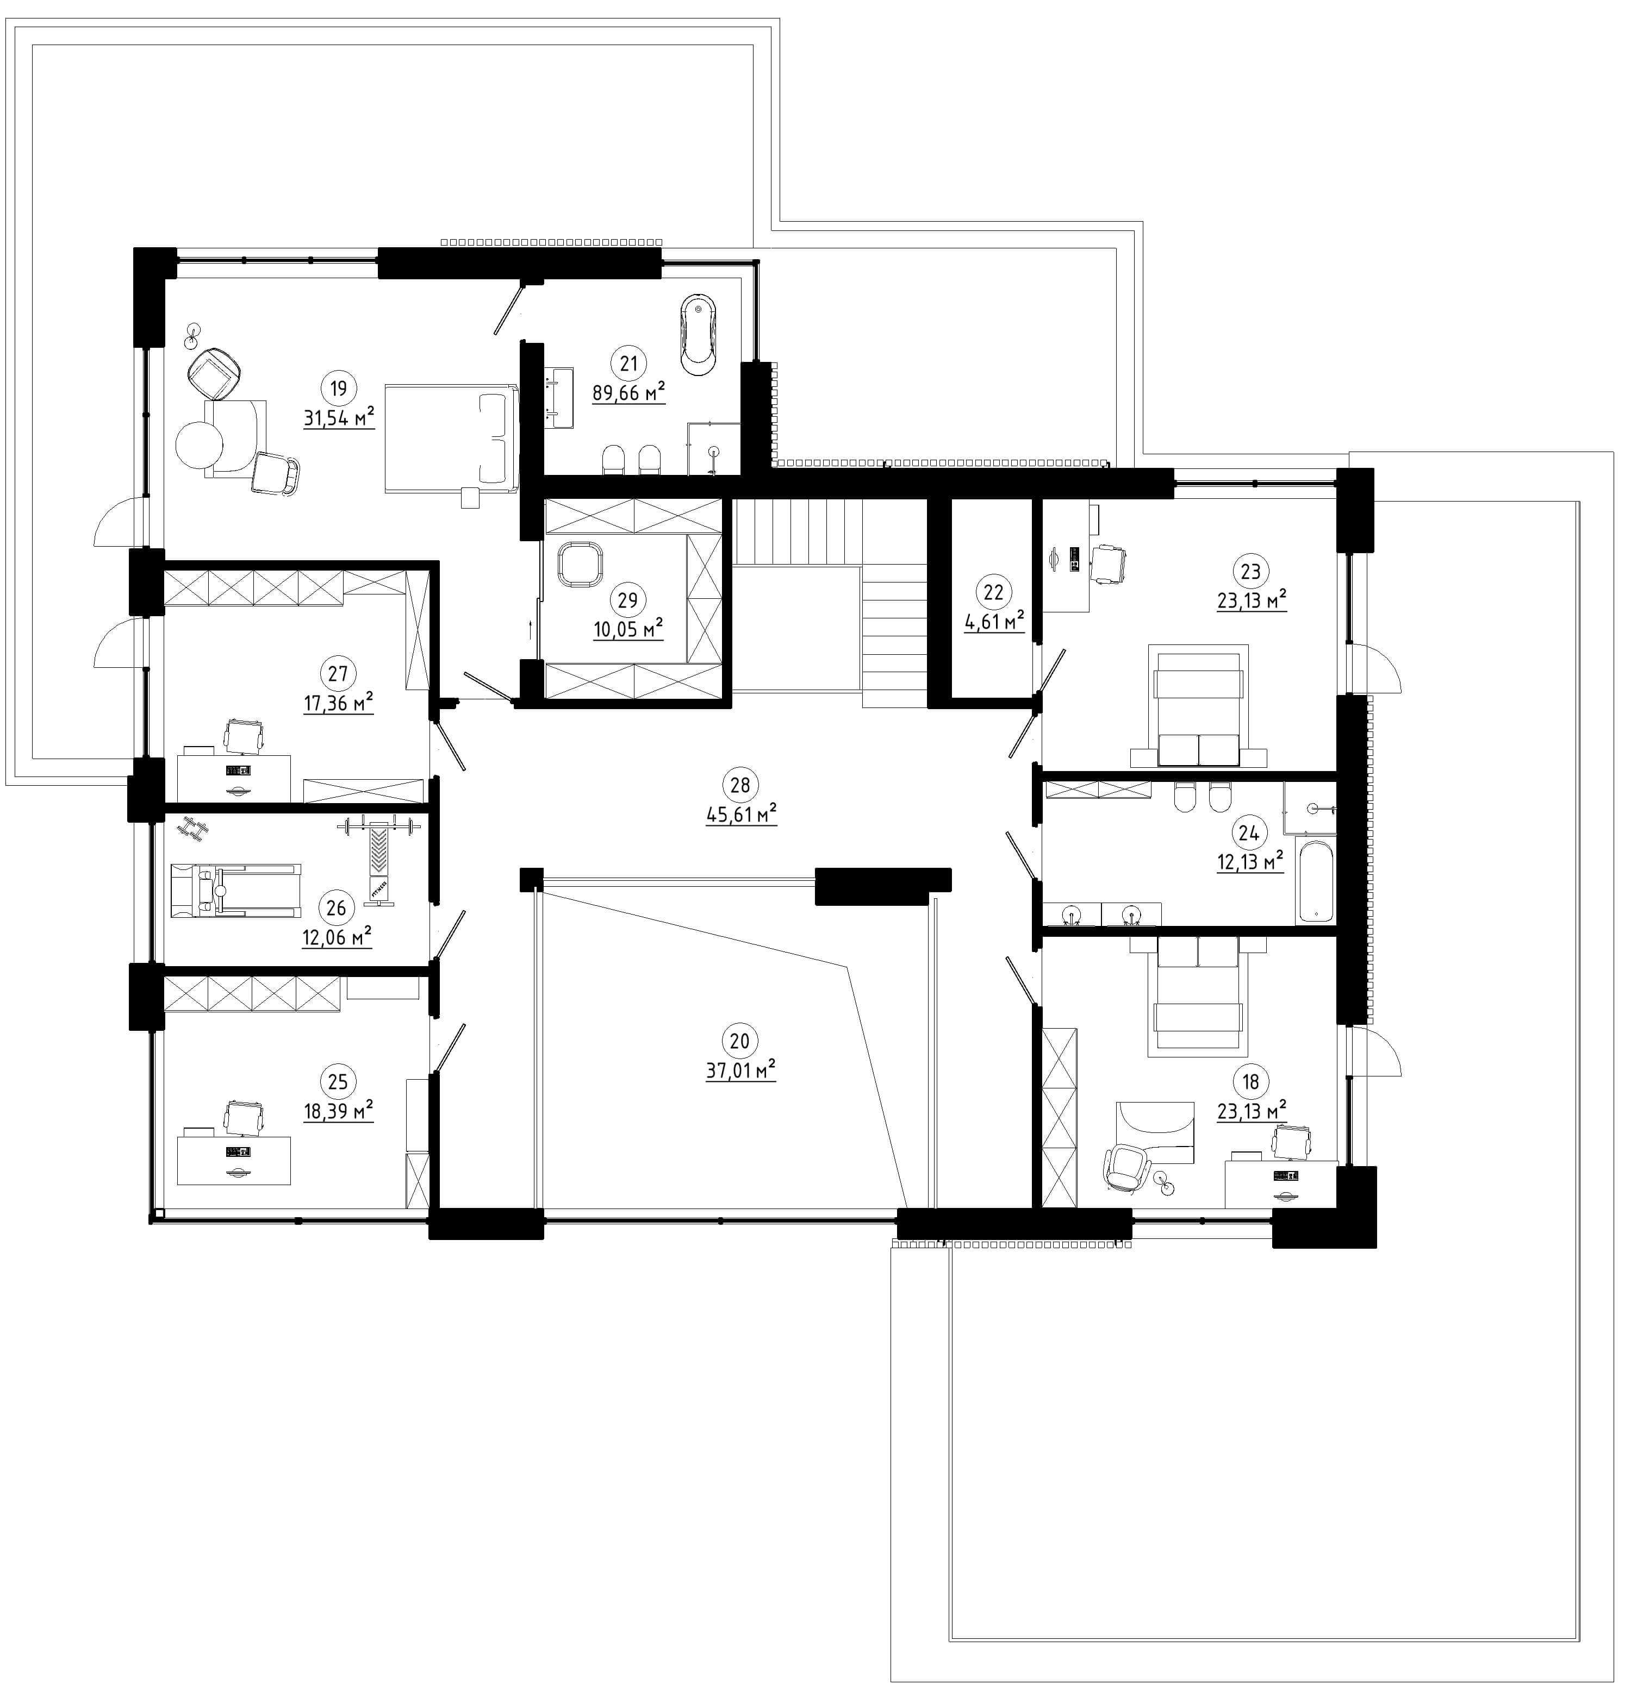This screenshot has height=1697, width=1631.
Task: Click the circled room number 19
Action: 338,388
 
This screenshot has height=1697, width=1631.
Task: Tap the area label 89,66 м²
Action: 628,393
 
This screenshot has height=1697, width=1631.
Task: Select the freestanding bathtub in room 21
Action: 698,335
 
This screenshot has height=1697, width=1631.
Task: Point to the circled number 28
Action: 740,785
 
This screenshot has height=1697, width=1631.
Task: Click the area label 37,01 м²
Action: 740,1071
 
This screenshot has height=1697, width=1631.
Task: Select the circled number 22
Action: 993,592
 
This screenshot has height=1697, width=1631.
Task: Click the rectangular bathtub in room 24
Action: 1315,880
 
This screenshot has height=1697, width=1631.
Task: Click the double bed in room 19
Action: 450,438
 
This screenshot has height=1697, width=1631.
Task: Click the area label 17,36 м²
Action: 338,703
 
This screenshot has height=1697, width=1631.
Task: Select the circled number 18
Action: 1250,1081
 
